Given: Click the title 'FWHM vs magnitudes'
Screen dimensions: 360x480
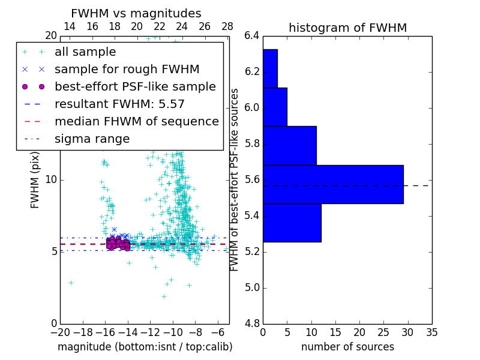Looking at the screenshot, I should (x=136, y=13).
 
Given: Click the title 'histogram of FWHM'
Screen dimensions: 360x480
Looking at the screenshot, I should (x=347, y=28).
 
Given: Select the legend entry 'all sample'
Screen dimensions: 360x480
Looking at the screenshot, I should (x=85, y=52).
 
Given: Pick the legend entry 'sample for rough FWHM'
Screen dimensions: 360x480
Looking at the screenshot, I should (x=127, y=69).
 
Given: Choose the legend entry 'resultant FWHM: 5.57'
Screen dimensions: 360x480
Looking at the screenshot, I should (x=119, y=104).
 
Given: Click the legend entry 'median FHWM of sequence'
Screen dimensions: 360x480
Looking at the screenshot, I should (x=136, y=121).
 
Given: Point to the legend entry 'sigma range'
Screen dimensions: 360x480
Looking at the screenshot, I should (x=92, y=139).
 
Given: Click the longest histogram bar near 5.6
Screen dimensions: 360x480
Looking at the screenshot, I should (x=333, y=184).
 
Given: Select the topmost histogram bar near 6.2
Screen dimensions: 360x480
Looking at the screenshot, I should (x=270, y=68).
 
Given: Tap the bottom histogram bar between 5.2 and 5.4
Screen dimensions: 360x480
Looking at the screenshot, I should (x=292, y=223).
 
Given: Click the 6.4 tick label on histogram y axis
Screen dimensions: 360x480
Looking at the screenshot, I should (x=251, y=36).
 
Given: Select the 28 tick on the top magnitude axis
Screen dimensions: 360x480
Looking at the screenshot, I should (x=227, y=26).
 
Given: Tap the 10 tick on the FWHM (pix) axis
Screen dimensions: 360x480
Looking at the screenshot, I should (x=51, y=180).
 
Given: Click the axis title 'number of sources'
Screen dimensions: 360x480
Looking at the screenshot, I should (x=347, y=347).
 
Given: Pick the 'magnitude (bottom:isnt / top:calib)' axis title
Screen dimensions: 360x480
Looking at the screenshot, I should (x=145, y=347).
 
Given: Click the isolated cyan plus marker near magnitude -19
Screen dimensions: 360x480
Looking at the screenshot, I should (x=71, y=283).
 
